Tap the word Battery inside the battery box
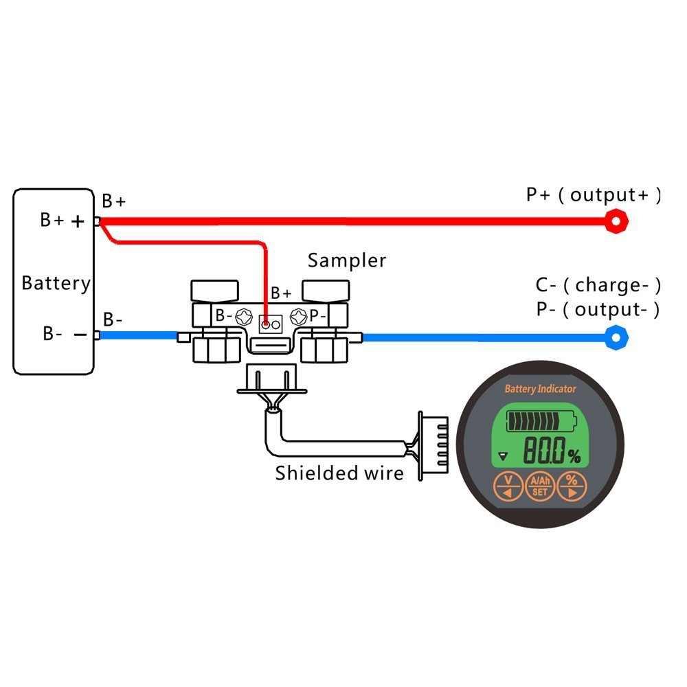tap(56, 283)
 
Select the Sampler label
tap(346, 260)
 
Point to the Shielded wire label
tap(339, 473)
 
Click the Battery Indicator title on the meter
tap(541, 389)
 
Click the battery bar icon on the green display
tap(541, 421)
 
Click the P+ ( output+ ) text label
tap(594, 195)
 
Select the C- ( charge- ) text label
tap(598, 285)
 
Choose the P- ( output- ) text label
tap(598, 309)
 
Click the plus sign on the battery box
tap(78, 221)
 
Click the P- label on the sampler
tap(317, 315)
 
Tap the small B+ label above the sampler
tap(281, 293)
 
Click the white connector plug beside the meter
tap(433, 448)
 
